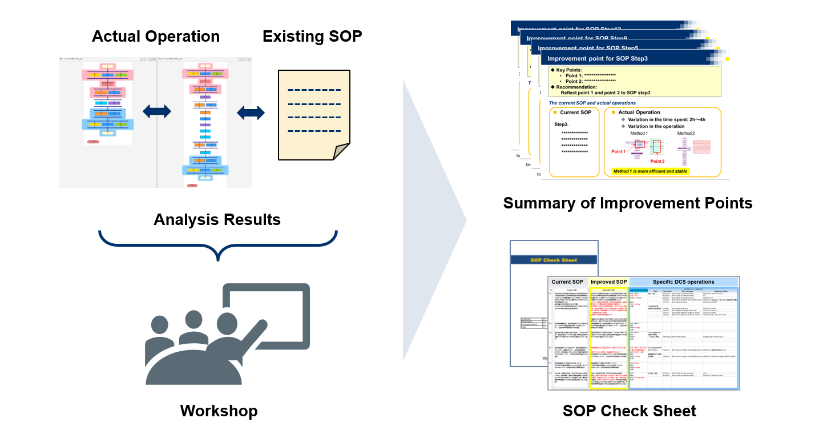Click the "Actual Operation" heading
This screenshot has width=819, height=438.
click(x=155, y=37)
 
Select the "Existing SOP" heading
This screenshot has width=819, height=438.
click(x=312, y=37)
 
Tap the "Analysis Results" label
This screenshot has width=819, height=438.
click(x=217, y=219)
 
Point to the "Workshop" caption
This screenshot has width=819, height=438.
click(x=219, y=411)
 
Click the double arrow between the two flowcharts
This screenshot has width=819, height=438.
click(x=157, y=112)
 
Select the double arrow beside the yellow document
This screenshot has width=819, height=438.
click(x=251, y=112)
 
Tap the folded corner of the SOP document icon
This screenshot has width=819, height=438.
click(x=341, y=151)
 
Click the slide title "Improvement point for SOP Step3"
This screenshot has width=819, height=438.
click(x=597, y=58)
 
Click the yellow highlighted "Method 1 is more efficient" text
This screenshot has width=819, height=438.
click(x=650, y=171)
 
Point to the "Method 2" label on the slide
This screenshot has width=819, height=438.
click(x=686, y=133)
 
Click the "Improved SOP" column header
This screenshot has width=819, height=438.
click(x=608, y=282)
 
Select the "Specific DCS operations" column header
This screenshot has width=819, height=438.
click(x=683, y=282)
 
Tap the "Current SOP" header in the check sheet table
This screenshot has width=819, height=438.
click(x=567, y=282)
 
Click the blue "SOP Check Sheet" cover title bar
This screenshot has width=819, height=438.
click(x=554, y=260)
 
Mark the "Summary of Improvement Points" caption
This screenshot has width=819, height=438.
click(x=627, y=203)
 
